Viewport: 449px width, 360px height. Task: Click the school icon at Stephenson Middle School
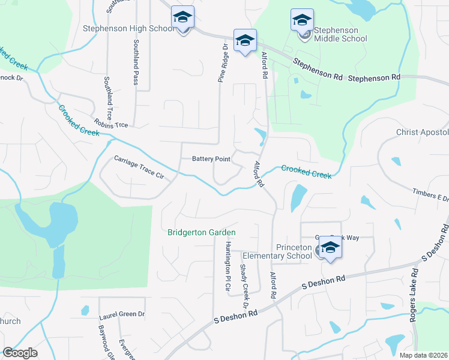coord(302,20)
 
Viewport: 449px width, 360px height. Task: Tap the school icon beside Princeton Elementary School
coord(330,247)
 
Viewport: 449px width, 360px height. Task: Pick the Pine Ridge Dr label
coord(221,62)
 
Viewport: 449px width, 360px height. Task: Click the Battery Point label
coord(211,159)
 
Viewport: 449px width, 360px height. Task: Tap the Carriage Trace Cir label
coord(139,167)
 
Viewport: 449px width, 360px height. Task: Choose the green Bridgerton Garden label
coord(202,232)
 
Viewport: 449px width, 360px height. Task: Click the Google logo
coord(20,353)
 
